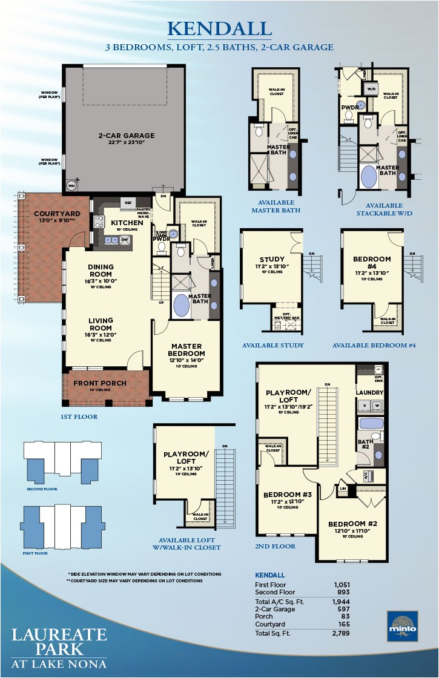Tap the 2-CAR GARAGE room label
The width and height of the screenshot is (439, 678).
pyautogui.click(x=127, y=136)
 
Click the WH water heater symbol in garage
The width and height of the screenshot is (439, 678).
pyautogui.click(x=71, y=185)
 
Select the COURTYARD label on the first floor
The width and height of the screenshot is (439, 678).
pyautogui.click(x=40, y=214)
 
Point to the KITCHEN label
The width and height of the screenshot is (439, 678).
pyautogui.click(x=127, y=223)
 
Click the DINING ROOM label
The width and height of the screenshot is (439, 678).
pyautogui.click(x=101, y=270)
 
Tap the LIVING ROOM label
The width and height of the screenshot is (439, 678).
pyautogui.click(x=101, y=325)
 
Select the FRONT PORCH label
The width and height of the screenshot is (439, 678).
pyautogui.click(x=100, y=383)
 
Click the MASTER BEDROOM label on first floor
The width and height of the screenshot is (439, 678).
pyautogui.click(x=187, y=349)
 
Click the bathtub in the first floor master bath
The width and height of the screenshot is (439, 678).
pyautogui.click(x=182, y=304)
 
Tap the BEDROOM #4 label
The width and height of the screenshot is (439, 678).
pyautogui.click(x=372, y=263)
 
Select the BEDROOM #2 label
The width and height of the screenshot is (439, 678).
pyautogui.click(x=352, y=523)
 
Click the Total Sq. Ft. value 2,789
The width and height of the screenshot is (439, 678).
pyautogui.click(x=342, y=633)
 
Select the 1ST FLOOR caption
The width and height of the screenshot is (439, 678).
pyautogui.click(x=79, y=417)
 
